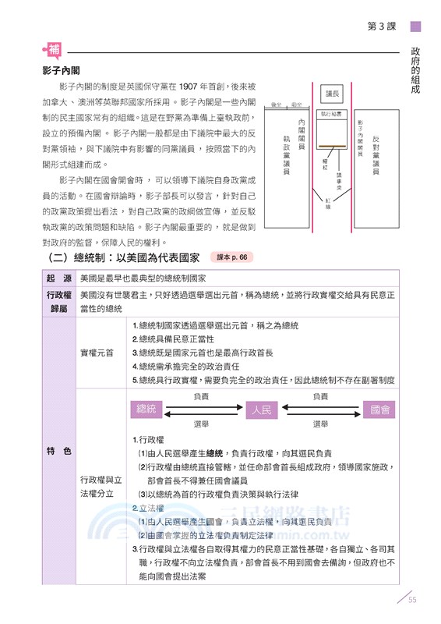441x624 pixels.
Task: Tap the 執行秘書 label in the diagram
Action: click(x=333, y=114)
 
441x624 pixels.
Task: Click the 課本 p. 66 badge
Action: click(x=232, y=257)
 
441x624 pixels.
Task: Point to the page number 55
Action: click(x=413, y=600)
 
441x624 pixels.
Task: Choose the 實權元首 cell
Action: click(x=97, y=353)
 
